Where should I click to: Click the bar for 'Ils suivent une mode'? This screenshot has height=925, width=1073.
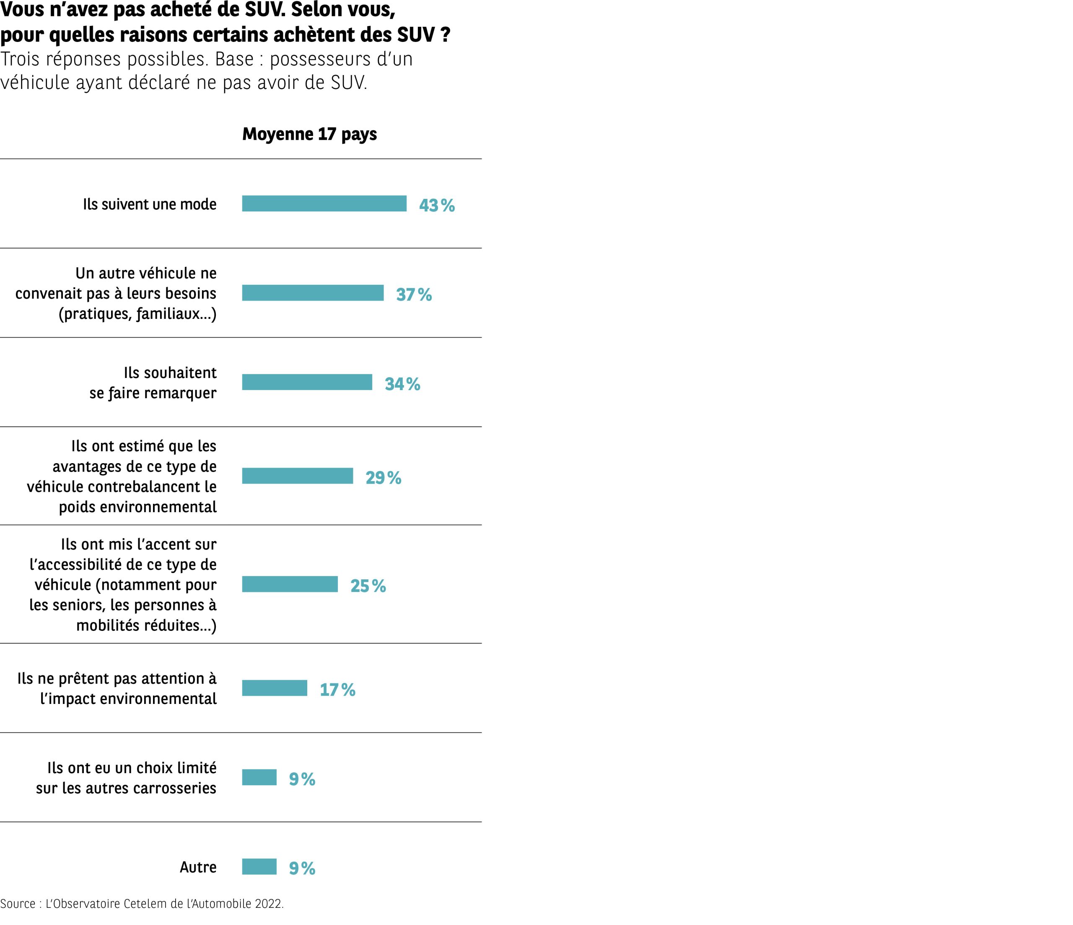tap(324, 203)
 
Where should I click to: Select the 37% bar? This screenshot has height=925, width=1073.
tap(313, 293)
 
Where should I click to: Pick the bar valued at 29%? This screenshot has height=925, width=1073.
tap(297, 476)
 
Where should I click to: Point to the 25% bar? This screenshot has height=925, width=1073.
tap(290, 584)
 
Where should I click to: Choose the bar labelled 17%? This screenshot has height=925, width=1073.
tap(275, 688)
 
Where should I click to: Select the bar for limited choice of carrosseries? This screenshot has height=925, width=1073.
tap(259, 777)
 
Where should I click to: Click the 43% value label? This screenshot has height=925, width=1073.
tap(437, 206)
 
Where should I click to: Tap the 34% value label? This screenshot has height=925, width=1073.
tap(402, 384)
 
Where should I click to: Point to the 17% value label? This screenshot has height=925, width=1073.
tap(337, 690)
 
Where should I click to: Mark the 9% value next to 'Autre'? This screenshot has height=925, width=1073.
tap(302, 868)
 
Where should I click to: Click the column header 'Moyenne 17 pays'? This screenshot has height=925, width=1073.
tap(309, 134)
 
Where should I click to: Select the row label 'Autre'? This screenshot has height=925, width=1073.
tap(198, 867)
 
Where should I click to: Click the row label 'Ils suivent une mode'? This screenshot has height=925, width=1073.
tap(150, 204)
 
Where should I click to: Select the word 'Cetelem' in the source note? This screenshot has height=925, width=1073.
tap(143, 904)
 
